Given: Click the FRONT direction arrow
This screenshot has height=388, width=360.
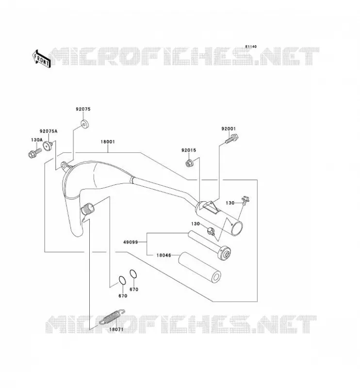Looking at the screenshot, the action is point(41,59).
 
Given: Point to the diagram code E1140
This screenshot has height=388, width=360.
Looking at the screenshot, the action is point(251,47).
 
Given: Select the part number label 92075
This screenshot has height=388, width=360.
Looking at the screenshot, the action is point(83,109).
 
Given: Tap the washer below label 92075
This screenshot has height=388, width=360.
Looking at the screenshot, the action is point(84,124).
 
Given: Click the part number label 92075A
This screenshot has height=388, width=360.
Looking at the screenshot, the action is point(49,131).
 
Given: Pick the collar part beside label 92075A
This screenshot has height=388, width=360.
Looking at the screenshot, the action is point(48,145).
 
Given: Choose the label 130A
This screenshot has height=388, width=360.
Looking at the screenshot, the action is point(37,140).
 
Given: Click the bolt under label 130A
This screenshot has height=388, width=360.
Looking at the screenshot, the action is point(34,153).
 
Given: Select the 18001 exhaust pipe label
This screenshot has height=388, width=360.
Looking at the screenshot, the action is point(108,142).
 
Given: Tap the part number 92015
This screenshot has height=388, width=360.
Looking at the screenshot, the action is point(189,150).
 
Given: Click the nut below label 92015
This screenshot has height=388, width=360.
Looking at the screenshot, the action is point(189,163).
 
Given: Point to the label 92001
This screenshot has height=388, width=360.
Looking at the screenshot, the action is point(229,129).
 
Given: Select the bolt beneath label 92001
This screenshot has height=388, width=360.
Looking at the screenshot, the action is point(232,139).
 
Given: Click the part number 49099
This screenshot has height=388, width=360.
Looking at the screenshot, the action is point(131,242).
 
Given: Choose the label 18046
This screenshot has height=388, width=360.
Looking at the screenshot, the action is point(164,255).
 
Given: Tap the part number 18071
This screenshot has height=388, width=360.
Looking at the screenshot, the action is point(116,330).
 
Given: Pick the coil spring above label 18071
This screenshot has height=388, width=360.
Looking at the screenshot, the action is point(112,317).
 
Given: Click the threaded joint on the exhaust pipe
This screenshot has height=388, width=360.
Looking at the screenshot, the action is point(88,210).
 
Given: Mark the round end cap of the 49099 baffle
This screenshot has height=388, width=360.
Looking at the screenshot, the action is point(224,253).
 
